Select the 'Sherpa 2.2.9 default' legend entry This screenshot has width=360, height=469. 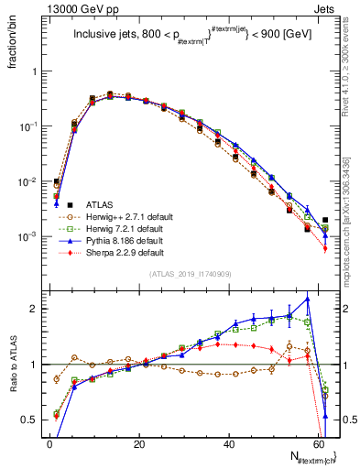coord(120,262)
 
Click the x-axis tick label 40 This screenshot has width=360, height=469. coord(228,442)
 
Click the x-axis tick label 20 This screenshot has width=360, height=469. coord(138,442)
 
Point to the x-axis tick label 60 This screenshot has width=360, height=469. coord(317,442)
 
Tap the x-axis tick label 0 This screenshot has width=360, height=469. coord(49,442)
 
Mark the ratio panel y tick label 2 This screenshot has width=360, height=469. coord(34,309)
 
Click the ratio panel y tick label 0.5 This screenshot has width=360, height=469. coord(30,420)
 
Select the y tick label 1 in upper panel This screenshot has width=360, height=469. coord(34,71)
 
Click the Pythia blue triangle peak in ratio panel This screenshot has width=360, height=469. coord(308,298)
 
